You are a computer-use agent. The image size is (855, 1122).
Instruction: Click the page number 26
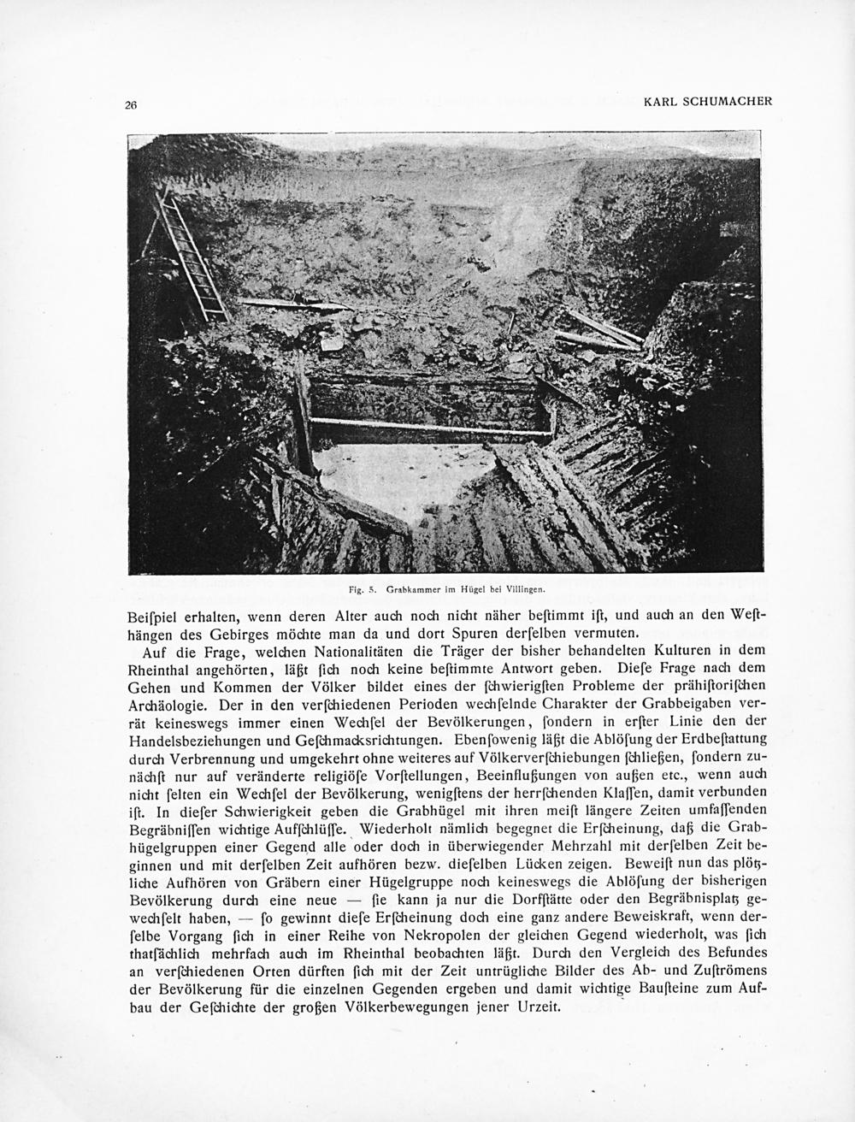131,105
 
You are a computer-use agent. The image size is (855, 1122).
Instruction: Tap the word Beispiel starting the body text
153,616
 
